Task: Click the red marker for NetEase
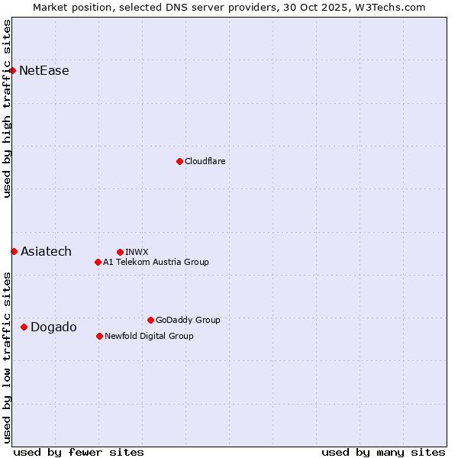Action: (12, 71)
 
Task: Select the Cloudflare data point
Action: (179, 161)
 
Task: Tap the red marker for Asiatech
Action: (14, 251)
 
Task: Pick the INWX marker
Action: (120, 252)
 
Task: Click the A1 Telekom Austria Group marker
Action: (98, 262)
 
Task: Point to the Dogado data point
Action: (24, 327)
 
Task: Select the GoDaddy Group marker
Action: (150, 320)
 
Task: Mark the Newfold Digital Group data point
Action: (99, 336)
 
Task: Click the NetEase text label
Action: (44, 71)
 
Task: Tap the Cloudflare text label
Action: (205, 161)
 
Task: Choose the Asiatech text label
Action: (46, 251)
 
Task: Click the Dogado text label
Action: (53, 327)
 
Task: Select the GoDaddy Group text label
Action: (188, 320)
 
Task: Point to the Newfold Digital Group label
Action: (149, 336)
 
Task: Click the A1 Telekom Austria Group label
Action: (156, 262)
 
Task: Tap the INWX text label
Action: (137, 252)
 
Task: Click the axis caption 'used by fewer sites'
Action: (79, 452)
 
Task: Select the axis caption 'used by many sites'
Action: (383, 452)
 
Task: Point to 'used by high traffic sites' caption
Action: (7, 108)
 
